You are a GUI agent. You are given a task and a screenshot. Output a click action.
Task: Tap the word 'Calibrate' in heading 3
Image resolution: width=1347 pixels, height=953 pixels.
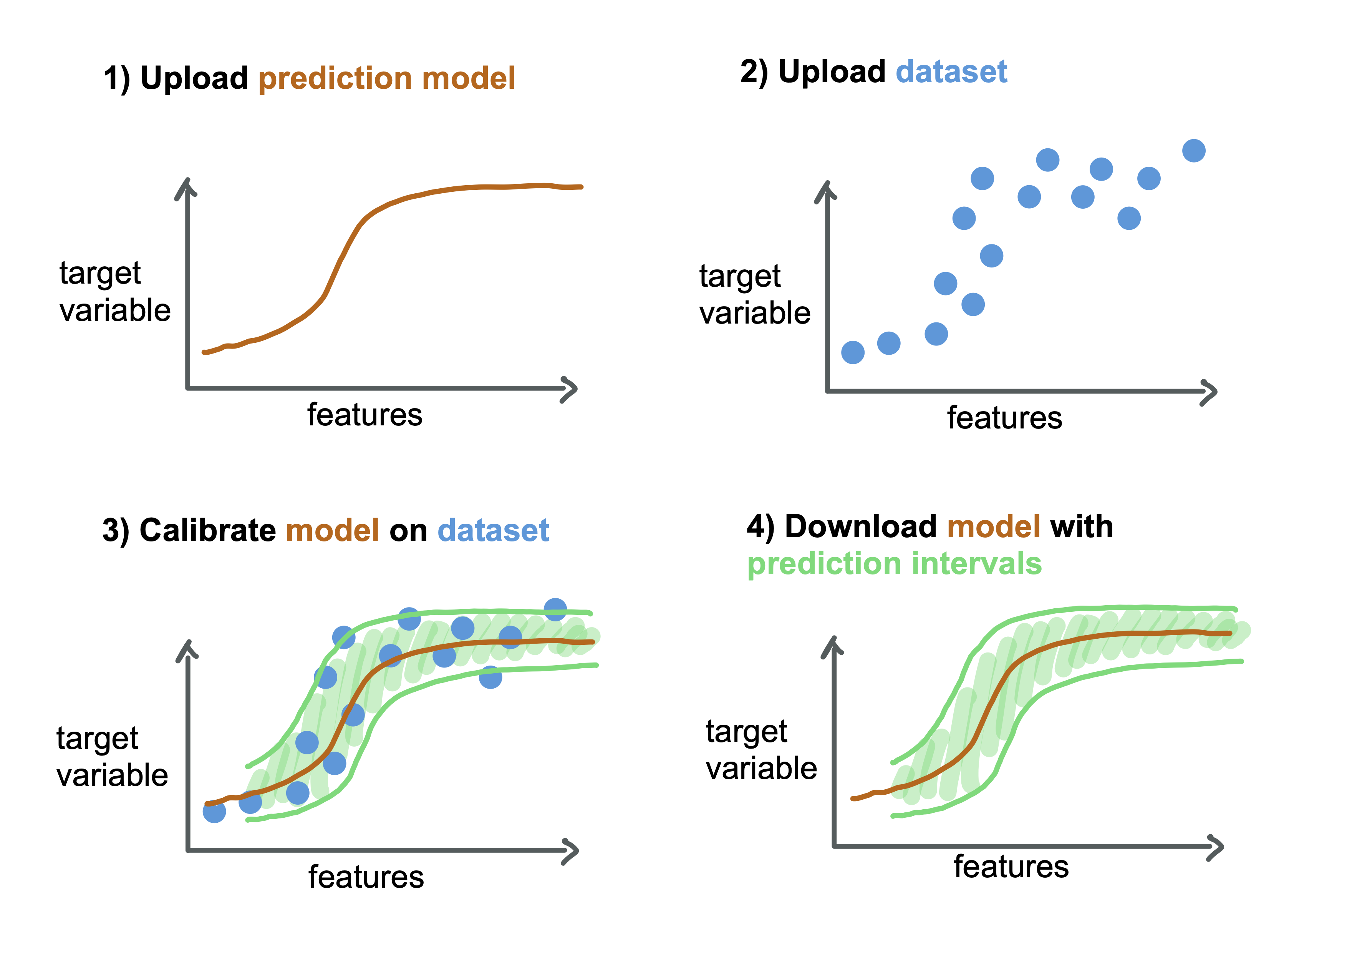pyautogui.click(x=208, y=530)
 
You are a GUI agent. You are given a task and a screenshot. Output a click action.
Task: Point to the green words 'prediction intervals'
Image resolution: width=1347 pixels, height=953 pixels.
pyautogui.click(x=894, y=564)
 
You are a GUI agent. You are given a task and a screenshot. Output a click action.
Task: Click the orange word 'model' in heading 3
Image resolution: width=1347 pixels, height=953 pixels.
pyautogui.click(x=333, y=530)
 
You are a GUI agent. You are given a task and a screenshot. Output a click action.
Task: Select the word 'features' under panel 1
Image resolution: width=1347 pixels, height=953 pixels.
pyautogui.click(x=365, y=415)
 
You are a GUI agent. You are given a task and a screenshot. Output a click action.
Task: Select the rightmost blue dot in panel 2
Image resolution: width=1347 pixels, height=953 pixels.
pyautogui.click(x=1194, y=151)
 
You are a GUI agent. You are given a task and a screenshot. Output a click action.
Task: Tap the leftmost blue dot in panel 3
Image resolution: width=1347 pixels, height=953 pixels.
pyautogui.click(x=214, y=812)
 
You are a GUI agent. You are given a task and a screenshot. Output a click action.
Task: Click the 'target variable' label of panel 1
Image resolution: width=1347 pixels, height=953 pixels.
pyautogui.click(x=115, y=292)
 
